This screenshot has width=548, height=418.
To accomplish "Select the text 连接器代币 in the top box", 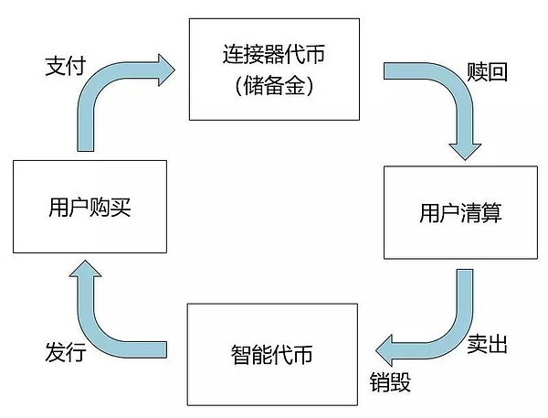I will (272, 56).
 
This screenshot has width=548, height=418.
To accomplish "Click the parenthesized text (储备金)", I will (272, 90).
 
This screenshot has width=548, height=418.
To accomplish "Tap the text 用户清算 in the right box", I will (460, 213).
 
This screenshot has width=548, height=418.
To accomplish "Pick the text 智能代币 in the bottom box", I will (271, 352).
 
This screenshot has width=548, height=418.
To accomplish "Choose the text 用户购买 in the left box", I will (89, 209).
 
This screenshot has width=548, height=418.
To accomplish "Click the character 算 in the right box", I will (491, 213).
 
